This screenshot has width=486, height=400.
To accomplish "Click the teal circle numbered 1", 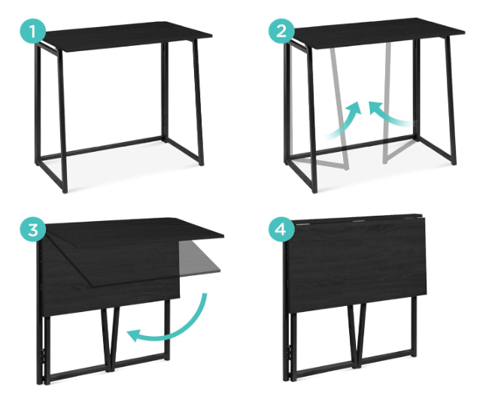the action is pos(33,32).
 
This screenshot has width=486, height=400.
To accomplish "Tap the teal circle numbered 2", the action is pos(281,31).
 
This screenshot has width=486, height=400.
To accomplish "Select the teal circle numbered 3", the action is pos(33,230).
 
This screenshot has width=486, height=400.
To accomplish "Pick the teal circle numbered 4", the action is pos(281,229).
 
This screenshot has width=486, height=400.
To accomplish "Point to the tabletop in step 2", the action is pos(378,32).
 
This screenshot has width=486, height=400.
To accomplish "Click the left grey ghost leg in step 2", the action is pos(339,108).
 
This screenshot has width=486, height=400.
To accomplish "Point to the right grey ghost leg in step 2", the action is pos(387,102).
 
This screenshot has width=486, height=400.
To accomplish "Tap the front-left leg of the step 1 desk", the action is pos(62,121).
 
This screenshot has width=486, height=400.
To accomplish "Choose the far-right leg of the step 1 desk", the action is pos(198,102).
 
